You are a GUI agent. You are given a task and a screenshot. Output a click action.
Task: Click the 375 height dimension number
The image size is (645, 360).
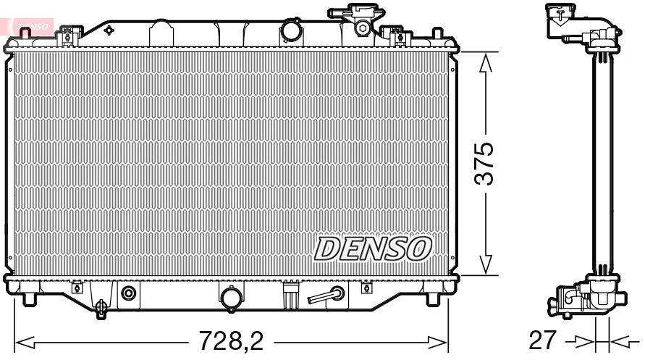(484, 164)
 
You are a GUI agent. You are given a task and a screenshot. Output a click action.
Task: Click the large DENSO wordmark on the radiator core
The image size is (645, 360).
(373, 248)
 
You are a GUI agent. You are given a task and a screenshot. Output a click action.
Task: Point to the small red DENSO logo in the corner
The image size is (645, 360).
(29, 25)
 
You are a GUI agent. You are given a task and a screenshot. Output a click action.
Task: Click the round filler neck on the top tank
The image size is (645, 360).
(291, 32)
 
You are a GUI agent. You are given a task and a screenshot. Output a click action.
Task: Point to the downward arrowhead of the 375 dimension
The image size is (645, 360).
(486, 264)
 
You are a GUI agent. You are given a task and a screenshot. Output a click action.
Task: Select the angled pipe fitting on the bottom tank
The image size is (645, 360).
(325, 295)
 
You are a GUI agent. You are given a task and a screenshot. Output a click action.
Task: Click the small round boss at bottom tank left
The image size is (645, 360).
(129, 293)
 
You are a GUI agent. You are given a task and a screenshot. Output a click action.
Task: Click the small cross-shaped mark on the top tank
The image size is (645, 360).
(109, 30)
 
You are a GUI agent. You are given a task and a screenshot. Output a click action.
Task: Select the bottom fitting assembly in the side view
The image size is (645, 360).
(583, 298)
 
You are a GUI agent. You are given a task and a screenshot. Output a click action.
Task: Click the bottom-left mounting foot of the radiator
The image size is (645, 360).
(29, 298)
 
